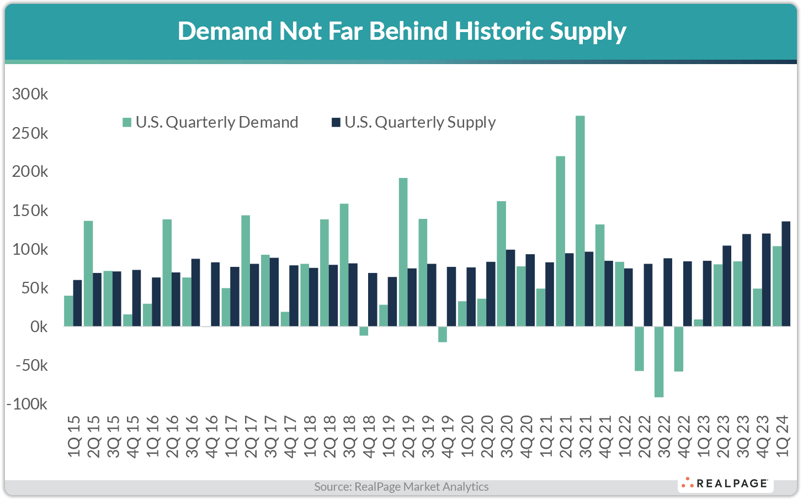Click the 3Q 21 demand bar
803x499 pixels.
point(580,221)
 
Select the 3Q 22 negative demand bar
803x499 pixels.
point(659,361)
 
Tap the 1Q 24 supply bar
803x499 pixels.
point(786,274)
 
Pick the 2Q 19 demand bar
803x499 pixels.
point(403,252)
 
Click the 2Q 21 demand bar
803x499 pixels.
point(560,241)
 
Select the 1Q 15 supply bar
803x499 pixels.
point(77,303)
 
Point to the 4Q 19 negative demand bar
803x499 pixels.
point(443,334)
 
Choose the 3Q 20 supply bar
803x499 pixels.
point(510,288)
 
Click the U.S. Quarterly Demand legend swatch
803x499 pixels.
point(127,123)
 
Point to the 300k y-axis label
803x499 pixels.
point(30,94)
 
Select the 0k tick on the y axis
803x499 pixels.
point(39,327)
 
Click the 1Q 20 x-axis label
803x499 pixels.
point(467,437)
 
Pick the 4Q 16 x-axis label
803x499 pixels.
point(211,437)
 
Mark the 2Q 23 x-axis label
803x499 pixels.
point(724,437)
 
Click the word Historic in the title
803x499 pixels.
point(499,31)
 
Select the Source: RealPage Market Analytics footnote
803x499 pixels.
point(401,487)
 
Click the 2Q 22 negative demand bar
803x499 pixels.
point(639,348)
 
